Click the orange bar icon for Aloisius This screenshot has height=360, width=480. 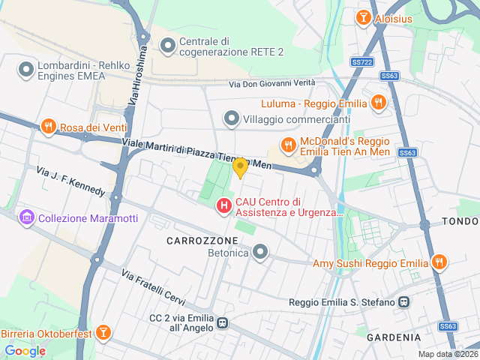[x=364, y=16]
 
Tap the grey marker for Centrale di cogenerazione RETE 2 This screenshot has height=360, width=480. [x=167, y=46]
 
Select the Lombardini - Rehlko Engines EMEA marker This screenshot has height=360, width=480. [x=26, y=70]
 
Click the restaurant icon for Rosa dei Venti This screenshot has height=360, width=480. [x=49, y=127]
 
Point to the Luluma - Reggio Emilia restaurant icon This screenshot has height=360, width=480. [x=379, y=103]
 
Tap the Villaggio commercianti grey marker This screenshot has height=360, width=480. [x=232, y=118]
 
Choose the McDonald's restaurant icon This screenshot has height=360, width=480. [x=287, y=144]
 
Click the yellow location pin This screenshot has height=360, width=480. [x=240, y=167]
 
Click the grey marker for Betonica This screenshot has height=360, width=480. [x=260, y=252]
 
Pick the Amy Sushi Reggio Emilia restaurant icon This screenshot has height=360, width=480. [x=439, y=262]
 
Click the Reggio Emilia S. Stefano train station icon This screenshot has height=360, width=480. [x=404, y=302]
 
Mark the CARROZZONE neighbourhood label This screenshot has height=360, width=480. [x=202, y=240]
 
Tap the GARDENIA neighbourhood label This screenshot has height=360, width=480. [x=392, y=337]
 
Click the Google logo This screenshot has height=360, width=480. [x=25, y=350]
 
